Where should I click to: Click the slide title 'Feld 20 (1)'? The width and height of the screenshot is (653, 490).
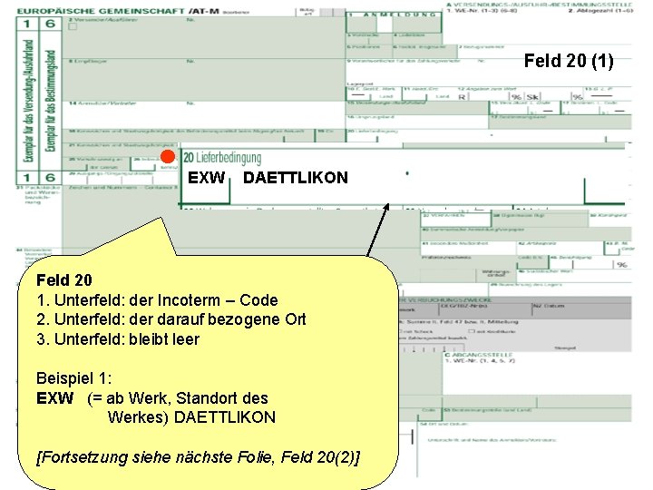[569, 62]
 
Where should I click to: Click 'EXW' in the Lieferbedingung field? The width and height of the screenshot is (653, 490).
[206, 178]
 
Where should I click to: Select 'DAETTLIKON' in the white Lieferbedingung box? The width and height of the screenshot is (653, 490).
[295, 178]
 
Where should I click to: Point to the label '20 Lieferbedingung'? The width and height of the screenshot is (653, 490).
[222, 158]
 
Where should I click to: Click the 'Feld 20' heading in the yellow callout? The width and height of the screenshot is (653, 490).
[64, 279]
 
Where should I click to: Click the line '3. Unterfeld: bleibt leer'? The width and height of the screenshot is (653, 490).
[118, 339]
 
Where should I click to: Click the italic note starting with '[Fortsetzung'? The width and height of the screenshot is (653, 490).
[199, 456]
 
